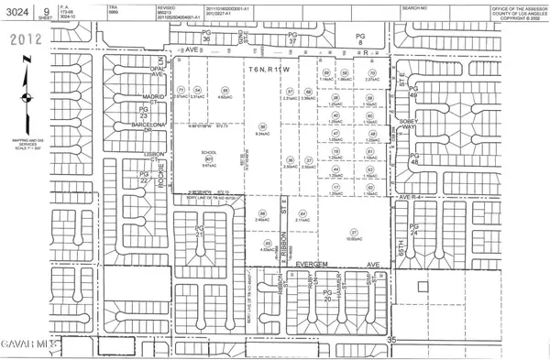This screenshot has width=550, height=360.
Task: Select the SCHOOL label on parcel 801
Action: pyautogui.click(x=209, y=153)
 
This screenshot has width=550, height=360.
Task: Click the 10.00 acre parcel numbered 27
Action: pyautogui.click(x=353, y=209)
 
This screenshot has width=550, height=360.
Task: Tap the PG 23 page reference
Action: pyautogui.click(x=143, y=113)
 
